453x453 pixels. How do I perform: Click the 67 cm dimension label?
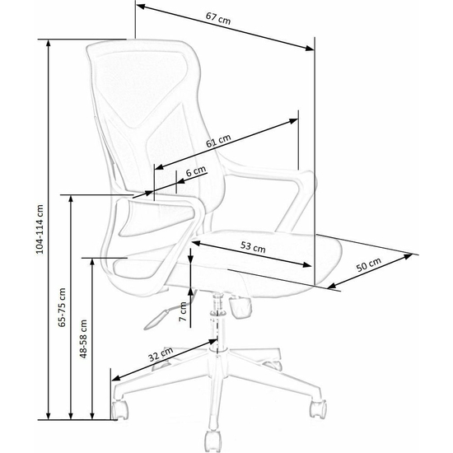218,18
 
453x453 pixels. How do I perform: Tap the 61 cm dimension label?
218,141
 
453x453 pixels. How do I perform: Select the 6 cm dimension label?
196,171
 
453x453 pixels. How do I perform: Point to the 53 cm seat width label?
253,247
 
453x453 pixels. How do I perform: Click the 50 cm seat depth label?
369,264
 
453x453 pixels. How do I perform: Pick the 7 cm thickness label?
183,311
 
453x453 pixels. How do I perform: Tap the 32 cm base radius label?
161,354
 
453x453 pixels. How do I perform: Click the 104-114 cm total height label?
40,229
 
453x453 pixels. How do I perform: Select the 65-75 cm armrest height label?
62,307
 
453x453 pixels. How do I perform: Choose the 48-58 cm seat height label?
83,339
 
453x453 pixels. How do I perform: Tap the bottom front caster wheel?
213,441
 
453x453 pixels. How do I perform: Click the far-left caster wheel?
120,409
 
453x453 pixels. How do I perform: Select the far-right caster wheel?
318,409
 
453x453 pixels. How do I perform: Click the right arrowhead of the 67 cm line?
310,49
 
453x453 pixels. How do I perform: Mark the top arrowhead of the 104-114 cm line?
49,44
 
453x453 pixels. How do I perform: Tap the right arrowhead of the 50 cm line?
408,255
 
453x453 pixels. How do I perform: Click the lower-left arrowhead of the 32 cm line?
116,379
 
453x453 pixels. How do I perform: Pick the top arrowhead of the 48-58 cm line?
92,262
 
